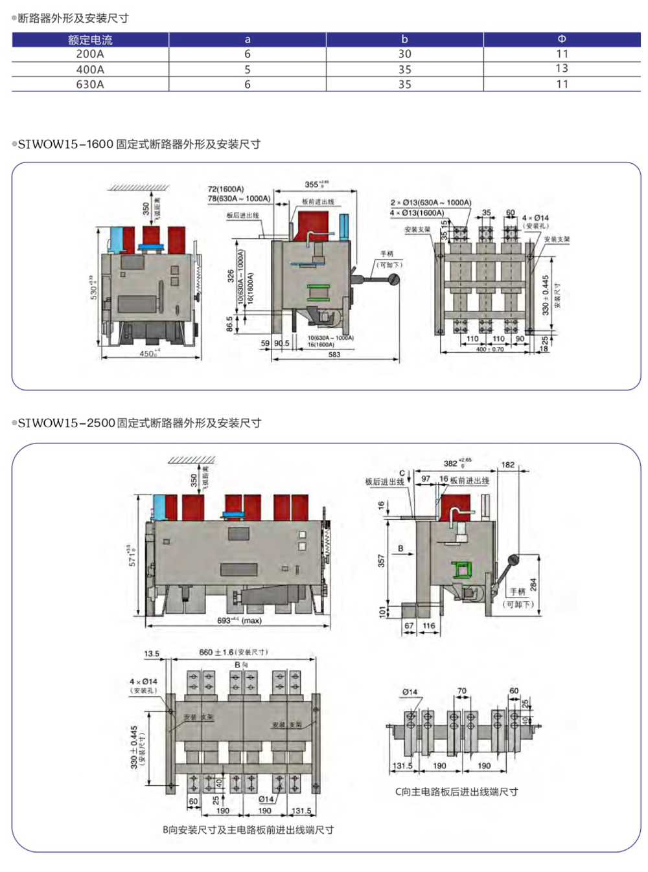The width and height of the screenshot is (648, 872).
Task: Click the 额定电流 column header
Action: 90,39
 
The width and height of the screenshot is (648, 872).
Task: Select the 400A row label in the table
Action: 90,69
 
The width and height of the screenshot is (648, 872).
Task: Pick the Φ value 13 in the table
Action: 562,69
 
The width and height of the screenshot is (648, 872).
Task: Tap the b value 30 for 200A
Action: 404,54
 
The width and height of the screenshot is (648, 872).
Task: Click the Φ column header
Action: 562,39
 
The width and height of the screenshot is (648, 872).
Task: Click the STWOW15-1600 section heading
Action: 139,144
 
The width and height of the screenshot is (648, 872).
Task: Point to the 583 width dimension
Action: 334,355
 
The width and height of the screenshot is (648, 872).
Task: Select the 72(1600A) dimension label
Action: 226,189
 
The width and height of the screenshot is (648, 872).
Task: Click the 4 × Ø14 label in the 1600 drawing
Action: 535,218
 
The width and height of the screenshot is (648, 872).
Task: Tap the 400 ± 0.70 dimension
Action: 490,350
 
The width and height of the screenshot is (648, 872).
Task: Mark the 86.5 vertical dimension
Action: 230,324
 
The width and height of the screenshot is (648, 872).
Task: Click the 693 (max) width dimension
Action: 239,620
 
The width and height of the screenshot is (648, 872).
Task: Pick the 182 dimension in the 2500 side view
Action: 508,465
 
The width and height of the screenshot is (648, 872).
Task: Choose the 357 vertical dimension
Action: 381,561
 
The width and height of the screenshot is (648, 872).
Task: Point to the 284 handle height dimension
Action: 533,585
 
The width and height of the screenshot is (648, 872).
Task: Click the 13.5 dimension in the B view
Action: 152,654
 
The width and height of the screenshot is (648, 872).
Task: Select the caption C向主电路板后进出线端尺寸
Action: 456,792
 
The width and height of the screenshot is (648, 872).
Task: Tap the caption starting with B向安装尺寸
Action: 248,830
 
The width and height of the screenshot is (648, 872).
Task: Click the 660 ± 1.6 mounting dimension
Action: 233,652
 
